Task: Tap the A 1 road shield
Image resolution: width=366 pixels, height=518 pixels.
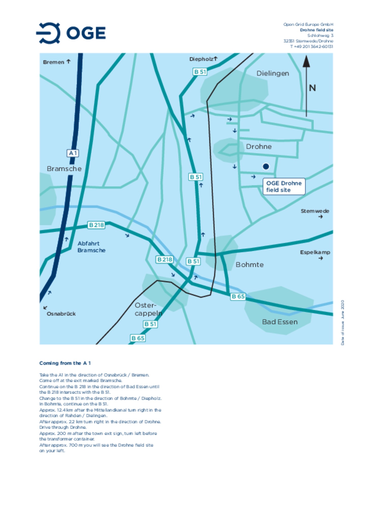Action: coord(73,153)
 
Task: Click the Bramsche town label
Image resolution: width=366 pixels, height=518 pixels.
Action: coord(64,169)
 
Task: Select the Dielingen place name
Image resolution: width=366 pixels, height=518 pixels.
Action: coord(272,73)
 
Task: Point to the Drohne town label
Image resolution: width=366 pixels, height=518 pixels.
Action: coord(258,147)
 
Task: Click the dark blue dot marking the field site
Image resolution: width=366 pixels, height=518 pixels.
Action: coord(266,166)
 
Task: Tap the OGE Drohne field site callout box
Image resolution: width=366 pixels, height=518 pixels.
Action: coord(284,186)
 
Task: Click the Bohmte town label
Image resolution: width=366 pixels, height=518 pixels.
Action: coord(249,265)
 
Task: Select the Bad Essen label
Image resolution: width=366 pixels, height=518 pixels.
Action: coord(280,322)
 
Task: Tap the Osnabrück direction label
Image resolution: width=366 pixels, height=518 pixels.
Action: coord(61,314)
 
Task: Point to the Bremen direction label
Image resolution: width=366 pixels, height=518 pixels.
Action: coord(54,62)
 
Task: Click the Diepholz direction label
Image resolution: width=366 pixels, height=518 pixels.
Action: coord(201,59)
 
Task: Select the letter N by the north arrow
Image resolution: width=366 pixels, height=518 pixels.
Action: coord(312,88)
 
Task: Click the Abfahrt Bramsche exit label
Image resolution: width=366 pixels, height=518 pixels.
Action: coord(91,247)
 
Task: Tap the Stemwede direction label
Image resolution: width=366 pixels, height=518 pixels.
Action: coord(315,211)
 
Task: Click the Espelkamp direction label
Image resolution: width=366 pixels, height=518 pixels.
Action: coord(315,252)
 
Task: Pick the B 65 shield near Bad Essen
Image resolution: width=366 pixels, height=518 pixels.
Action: coord(238,296)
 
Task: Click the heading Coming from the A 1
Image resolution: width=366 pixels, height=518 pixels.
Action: coord(65,363)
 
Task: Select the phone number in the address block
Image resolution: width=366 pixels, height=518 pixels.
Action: coord(311,47)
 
